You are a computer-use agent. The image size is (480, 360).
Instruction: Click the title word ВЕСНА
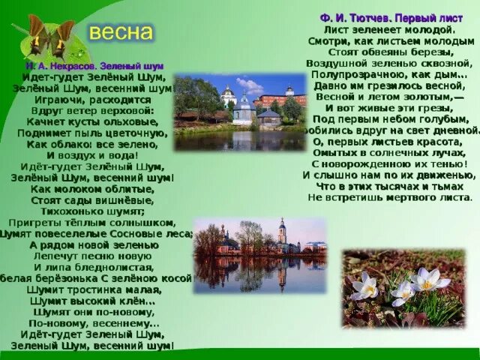pos(121,33)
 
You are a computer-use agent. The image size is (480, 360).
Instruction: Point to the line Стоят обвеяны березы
pos(391,52)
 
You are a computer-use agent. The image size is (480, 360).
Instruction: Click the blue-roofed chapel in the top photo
pos(244,109)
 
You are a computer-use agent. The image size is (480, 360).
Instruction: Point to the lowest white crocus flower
pos(401,295)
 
